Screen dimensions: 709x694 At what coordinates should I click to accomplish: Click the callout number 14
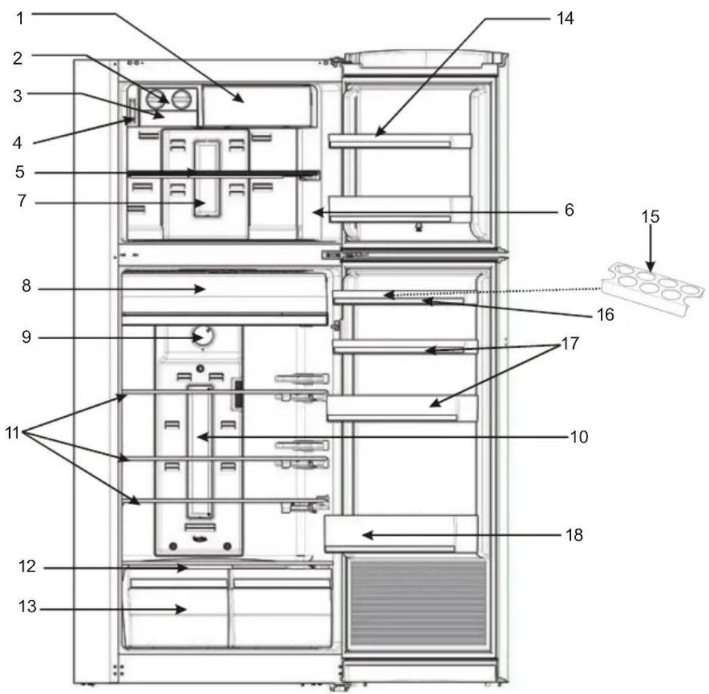coord(565,19)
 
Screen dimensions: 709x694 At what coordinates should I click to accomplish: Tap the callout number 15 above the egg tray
coord(650,216)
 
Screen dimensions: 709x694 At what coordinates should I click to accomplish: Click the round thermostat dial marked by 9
coord(204,336)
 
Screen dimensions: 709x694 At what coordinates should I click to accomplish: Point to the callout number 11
coord(13,432)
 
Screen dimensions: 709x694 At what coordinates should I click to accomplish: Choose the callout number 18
coord(574,535)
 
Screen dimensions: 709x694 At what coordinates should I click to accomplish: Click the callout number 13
coord(26,608)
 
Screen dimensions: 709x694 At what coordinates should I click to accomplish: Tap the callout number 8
coord(26,286)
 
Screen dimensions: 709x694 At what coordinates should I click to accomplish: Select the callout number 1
coord(20,18)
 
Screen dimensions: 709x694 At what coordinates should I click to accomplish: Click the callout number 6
coord(568,210)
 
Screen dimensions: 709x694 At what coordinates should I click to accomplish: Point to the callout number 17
coord(569,343)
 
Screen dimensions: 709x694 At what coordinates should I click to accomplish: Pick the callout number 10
coord(579,436)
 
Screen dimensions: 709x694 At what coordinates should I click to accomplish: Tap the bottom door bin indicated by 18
coord(401,533)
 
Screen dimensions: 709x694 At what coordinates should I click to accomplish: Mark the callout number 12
coord(26,567)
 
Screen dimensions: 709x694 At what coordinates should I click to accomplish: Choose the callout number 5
coord(20,172)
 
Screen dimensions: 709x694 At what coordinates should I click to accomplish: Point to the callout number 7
coord(22,200)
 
